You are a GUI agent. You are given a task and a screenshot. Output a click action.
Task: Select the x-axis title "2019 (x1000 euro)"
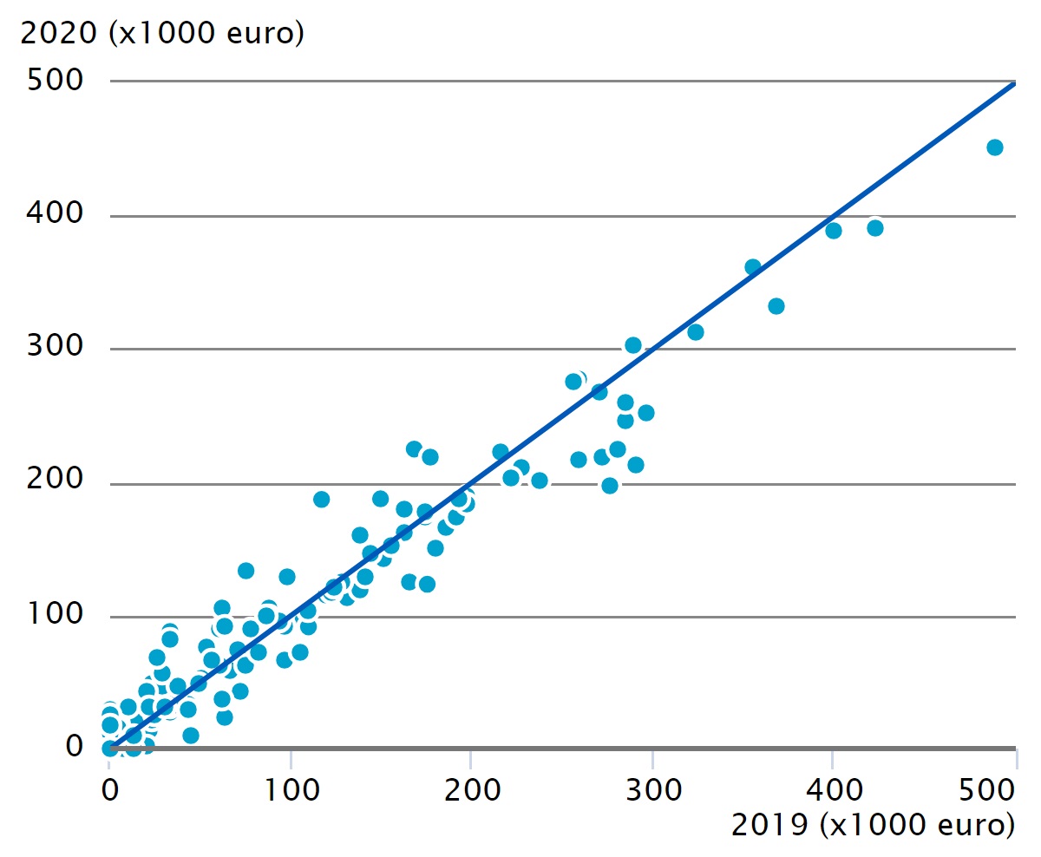tap(873, 825)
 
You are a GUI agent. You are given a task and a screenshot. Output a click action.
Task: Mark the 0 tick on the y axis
tap(74, 748)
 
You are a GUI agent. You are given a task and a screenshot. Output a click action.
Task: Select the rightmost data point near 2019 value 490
tap(995, 147)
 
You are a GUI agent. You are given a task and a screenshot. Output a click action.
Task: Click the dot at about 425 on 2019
tap(875, 228)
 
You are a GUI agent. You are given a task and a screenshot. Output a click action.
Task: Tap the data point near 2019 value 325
tap(696, 332)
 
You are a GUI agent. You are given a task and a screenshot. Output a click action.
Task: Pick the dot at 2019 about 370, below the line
tap(776, 306)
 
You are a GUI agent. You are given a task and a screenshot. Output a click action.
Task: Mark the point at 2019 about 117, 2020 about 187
tap(322, 500)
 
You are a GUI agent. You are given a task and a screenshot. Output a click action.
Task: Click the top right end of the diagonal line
tap(1013, 83)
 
